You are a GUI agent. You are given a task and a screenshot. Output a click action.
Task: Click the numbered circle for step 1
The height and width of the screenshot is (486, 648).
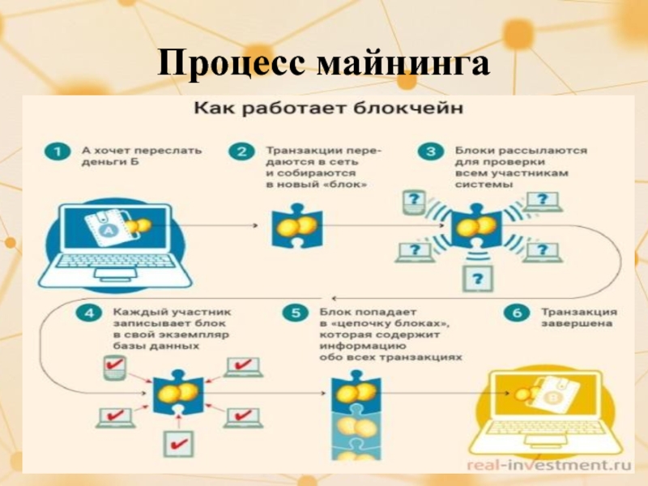[x=55, y=151]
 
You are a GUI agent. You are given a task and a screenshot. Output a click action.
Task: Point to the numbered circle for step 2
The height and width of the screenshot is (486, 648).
[x=241, y=151]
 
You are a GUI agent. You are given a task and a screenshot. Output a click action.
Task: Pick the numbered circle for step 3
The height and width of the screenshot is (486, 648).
[x=429, y=151]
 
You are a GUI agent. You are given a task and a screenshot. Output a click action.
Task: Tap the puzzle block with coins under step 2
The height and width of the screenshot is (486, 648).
[x=295, y=228]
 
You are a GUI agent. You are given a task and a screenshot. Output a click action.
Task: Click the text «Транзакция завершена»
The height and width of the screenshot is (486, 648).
[x=578, y=318]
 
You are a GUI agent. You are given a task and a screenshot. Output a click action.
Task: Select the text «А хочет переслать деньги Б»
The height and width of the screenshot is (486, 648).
[x=142, y=156]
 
